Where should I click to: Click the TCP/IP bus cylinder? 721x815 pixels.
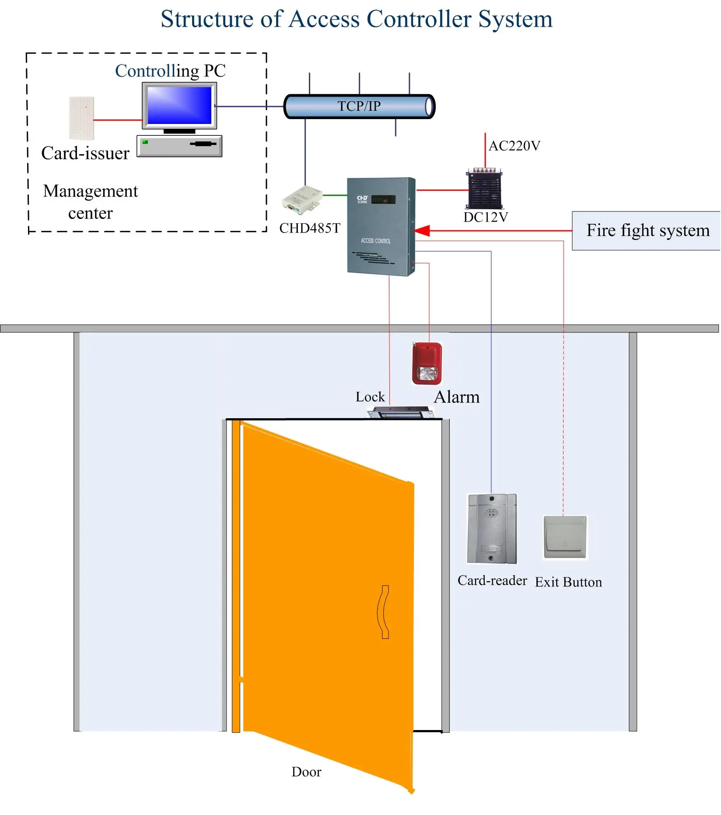coord(359,106)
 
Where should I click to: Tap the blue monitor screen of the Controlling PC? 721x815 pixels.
coord(179,105)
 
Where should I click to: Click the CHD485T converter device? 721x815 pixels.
coord(302,200)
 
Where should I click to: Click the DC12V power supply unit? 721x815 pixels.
coord(485,189)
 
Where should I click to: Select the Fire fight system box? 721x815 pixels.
coord(647,231)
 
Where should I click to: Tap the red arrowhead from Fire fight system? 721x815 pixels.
coord(422,230)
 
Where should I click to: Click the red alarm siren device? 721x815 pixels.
coord(427,363)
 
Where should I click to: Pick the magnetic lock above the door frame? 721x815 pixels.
coord(400,413)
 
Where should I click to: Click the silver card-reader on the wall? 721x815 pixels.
coord(492,528)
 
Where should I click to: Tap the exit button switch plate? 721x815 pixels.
coord(565,537)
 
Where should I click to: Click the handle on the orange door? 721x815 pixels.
coord(384,612)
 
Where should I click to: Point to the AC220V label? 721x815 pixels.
coord(514,146)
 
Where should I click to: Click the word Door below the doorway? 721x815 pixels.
coord(306,772)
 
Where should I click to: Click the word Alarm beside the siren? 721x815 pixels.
coord(456,397)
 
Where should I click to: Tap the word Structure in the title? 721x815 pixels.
coord(207,20)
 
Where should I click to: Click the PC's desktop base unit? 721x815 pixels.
coord(179,146)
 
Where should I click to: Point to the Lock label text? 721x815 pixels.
coord(370,397)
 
